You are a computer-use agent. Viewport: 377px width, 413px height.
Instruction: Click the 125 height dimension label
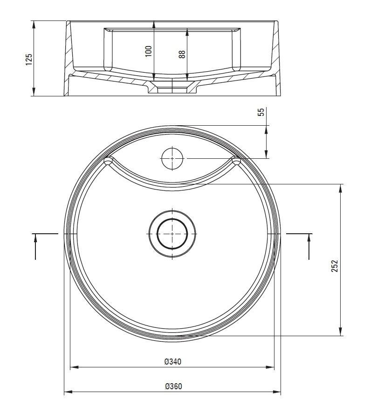tap(29, 60)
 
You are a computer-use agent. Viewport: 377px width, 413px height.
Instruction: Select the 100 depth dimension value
tap(149, 51)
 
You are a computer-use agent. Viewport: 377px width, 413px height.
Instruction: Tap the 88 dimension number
tap(182, 54)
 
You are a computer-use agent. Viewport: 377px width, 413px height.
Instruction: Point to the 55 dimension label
tap(260, 112)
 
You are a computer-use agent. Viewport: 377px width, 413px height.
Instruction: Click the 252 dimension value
tap(335, 266)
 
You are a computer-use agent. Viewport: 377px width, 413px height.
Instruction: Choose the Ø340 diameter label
tap(173, 362)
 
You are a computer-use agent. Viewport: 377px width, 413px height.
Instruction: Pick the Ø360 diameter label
tap(173, 386)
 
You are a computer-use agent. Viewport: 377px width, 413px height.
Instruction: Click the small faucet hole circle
tap(172, 159)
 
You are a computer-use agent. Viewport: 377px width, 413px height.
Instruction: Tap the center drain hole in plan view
tap(172, 234)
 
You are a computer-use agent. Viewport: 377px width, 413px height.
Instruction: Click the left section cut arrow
tap(35, 246)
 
